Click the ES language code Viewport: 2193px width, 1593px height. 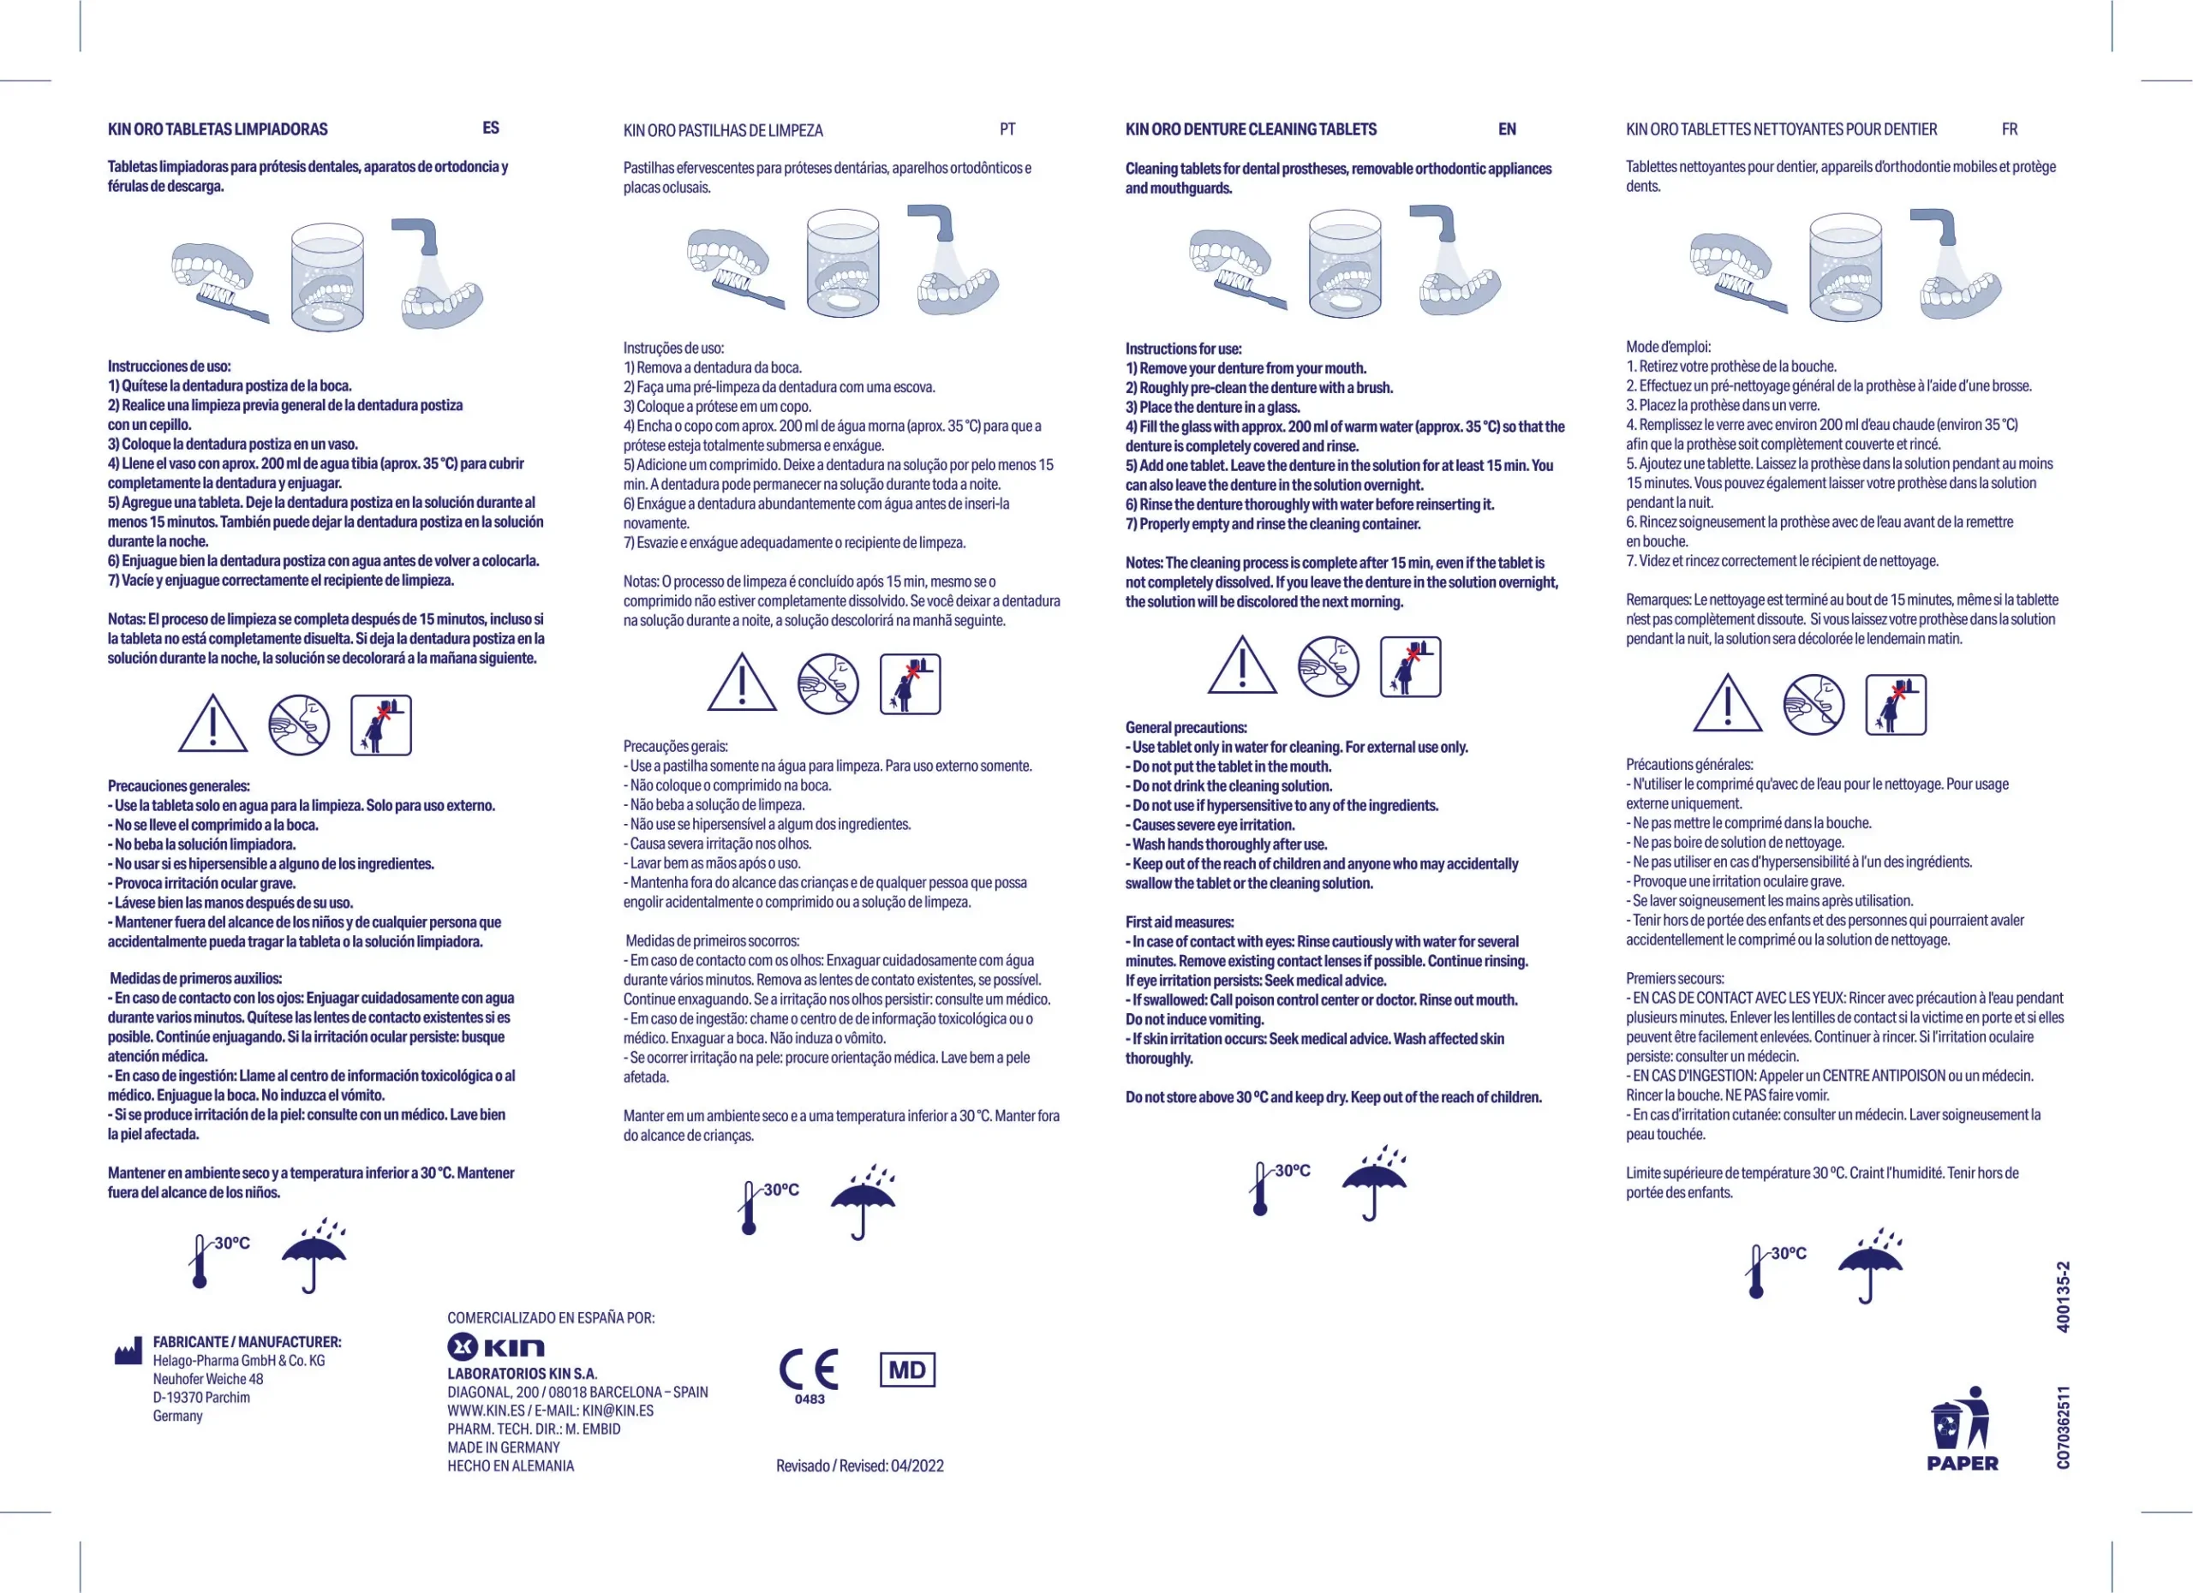[491, 128]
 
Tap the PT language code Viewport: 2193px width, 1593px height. [1007, 129]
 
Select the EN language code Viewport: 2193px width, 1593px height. [1507, 129]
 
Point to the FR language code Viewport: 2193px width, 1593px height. [2010, 129]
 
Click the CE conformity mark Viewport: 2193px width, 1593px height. [809, 1369]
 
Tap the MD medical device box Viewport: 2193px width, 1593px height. [907, 1369]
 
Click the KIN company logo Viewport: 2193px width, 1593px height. [496, 1346]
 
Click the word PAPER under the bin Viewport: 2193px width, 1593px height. [1962, 1464]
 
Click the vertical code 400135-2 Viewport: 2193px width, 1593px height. [2063, 1298]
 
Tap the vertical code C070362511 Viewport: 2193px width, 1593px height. [2063, 1428]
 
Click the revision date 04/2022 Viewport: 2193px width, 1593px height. [917, 1465]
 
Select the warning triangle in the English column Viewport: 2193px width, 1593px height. [1242, 666]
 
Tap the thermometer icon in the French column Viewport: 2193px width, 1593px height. [1757, 1271]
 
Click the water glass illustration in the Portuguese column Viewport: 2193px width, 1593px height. [843, 264]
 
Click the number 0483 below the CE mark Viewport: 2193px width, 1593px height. [810, 1399]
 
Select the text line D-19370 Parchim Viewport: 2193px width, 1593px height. [201, 1398]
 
